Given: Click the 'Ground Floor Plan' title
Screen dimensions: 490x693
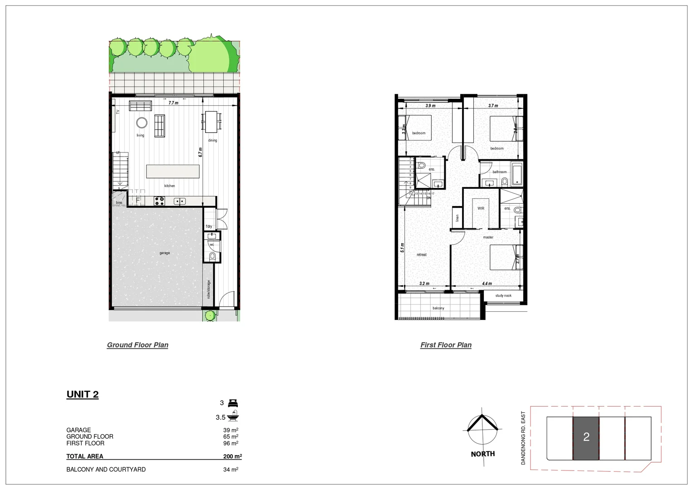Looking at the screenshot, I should pos(138,345).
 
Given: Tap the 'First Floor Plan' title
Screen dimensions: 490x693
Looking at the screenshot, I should pos(446,345).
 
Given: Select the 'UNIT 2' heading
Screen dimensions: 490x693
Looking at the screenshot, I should pos(83,394).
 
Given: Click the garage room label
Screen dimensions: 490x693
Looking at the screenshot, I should pos(165,253).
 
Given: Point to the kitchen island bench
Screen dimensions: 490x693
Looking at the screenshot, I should pos(172,171).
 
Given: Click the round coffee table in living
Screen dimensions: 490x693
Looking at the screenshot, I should pos(142,122).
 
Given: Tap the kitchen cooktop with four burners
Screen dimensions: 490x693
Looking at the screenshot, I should pos(159,201).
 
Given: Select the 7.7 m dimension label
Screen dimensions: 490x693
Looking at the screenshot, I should pos(173,103).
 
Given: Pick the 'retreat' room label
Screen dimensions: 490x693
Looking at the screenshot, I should pos(422,255).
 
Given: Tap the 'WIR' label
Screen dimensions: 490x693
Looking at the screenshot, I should pos(481,208).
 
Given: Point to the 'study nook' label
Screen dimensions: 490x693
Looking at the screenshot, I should pos(503,295).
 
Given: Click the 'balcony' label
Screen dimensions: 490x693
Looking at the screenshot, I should pos(438,308).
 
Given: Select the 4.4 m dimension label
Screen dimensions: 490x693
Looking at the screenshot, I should pos(487,284).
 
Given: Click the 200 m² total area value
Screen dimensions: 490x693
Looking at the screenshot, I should pos(232,456).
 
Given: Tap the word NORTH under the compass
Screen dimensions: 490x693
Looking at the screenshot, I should pos(483,454).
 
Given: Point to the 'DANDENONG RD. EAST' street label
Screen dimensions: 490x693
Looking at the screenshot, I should pos(523,438).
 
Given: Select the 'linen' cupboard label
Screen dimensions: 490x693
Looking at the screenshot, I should pos(457,218).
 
